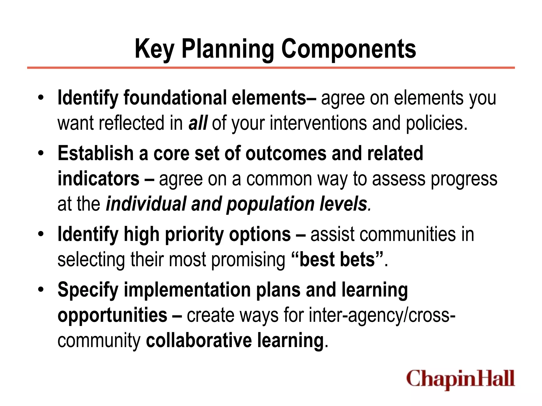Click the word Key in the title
click(154, 49)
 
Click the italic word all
click(198, 123)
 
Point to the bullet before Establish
click(40, 153)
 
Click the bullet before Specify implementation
click(40, 289)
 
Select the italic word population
click(270, 204)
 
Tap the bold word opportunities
click(112, 315)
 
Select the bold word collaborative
click(199, 340)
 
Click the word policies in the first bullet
click(436, 123)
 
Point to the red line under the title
click(271, 68)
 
